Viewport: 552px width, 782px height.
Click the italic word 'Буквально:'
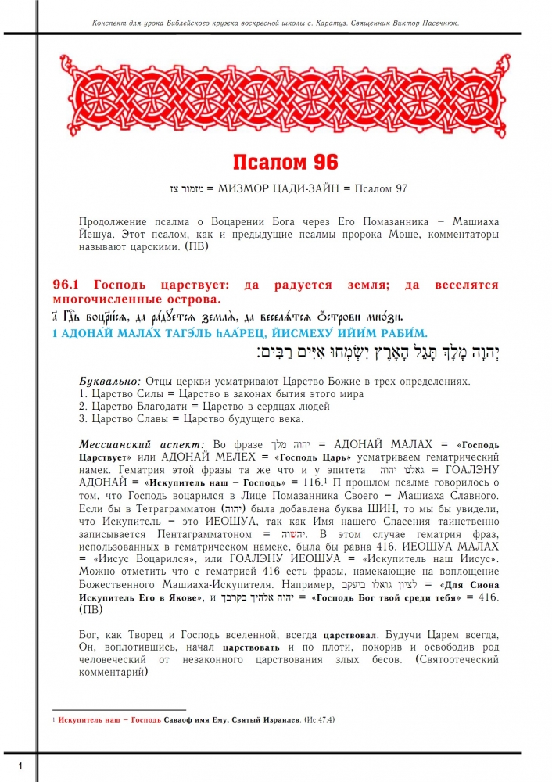coord(108,381)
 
